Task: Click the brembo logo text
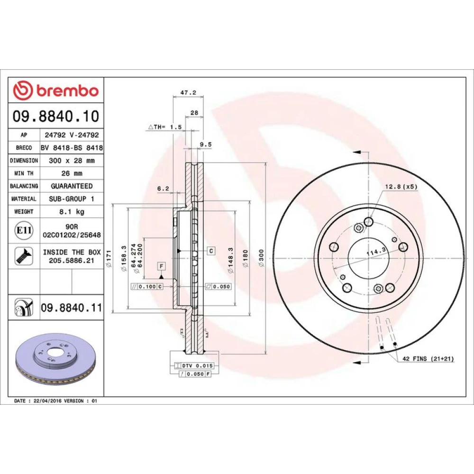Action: point(68,91)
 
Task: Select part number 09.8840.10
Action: point(56,117)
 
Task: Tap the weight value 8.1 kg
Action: point(72,211)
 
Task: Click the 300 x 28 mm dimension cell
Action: point(72,161)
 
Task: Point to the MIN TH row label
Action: point(24,173)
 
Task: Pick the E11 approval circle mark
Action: point(24,230)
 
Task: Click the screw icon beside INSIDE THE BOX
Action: point(24,256)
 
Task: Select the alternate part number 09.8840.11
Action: point(72,308)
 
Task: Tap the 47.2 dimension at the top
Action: point(188,92)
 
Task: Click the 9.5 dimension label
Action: point(206,145)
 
